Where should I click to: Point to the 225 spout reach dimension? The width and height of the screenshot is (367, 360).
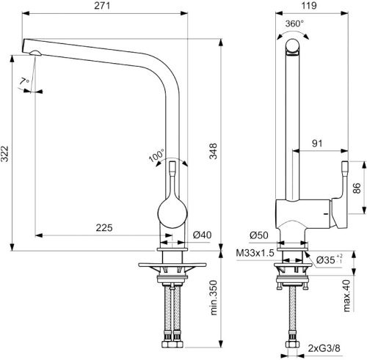[x=103, y=228]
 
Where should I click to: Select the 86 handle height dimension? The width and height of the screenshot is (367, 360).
[x=357, y=188]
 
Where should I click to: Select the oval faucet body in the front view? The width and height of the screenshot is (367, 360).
[x=173, y=211]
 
